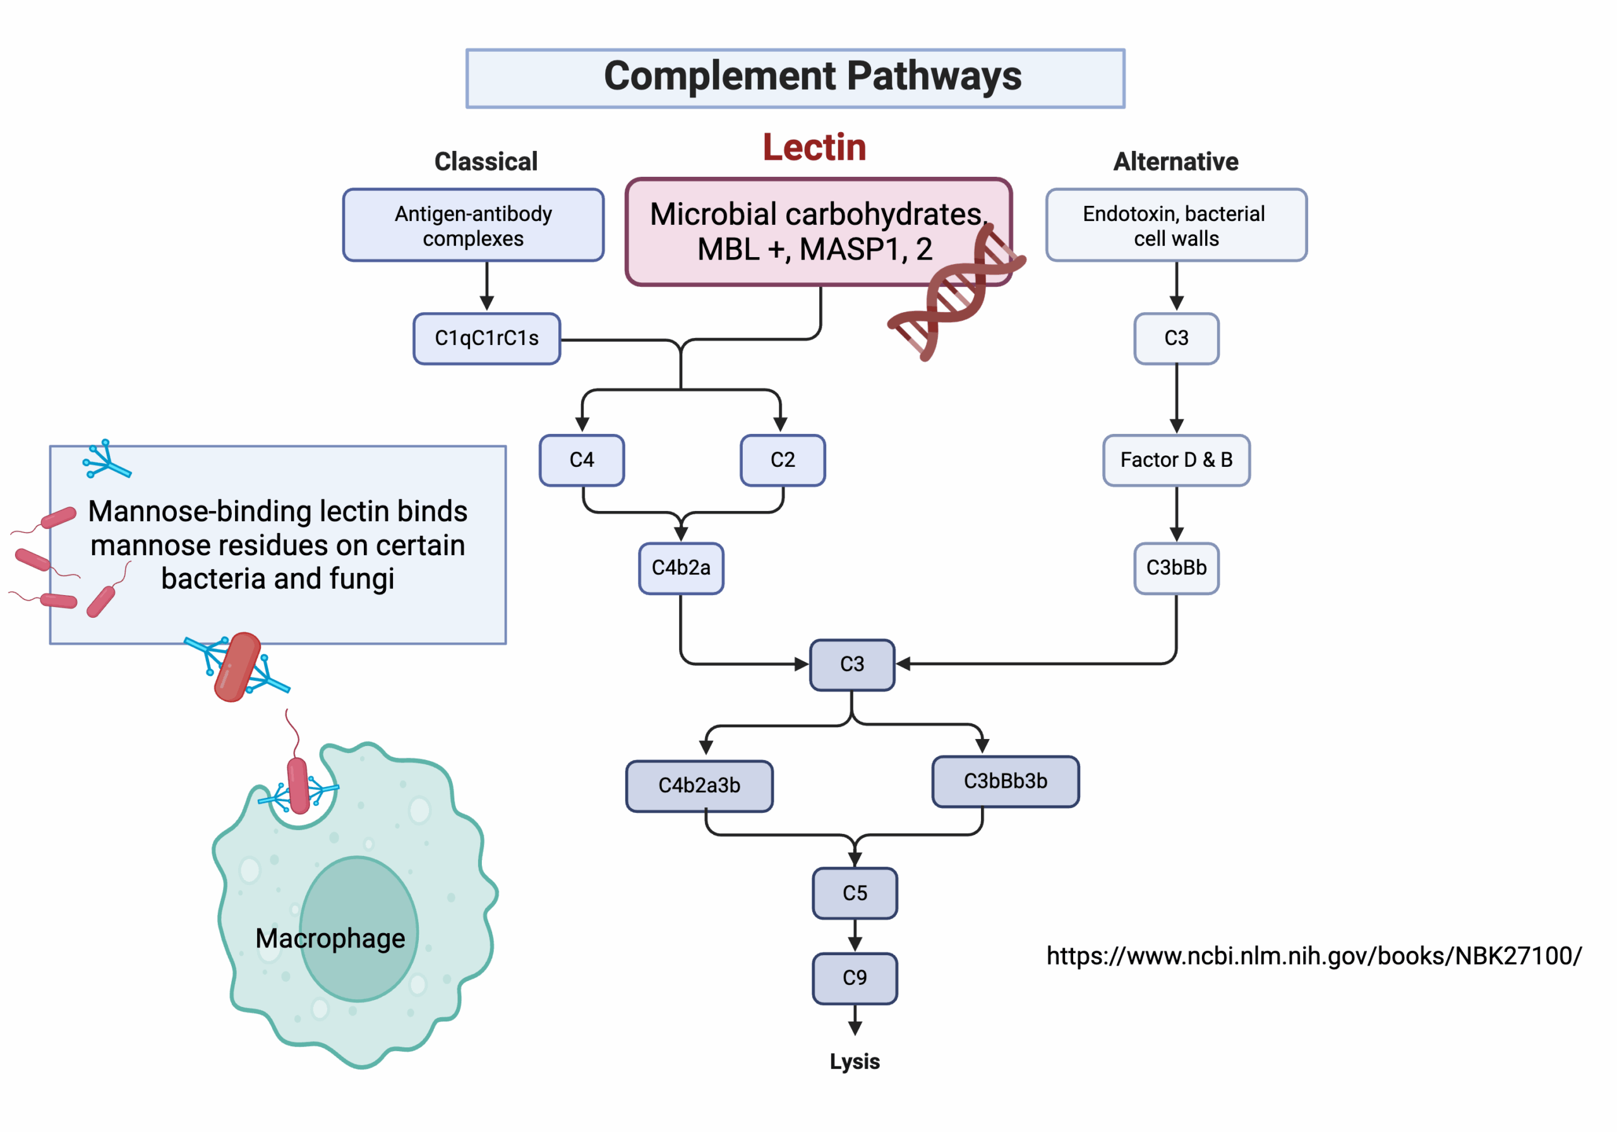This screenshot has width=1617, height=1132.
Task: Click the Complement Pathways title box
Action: click(795, 78)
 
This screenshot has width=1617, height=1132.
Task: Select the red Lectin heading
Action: click(814, 147)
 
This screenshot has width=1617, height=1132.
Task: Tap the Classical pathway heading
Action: click(486, 161)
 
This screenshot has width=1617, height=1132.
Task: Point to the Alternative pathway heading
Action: click(1175, 161)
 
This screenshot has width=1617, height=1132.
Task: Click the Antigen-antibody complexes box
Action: click(473, 226)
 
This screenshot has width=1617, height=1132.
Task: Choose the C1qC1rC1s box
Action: click(486, 339)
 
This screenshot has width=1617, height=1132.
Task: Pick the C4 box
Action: click(582, 460)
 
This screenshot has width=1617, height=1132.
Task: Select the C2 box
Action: click(783, 460)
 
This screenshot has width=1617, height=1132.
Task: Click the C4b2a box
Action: click(681, 568)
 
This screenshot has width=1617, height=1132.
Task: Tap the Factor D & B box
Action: click(1176, 460)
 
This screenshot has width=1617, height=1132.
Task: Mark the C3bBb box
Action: click(1176, 568)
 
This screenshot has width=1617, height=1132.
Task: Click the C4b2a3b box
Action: click(699, 785)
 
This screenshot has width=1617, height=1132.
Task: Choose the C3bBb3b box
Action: click(1005, 781)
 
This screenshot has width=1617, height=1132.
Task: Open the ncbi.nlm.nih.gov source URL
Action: click(1313, 956)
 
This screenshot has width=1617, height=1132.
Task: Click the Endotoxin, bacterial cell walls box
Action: click(1176, 226)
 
